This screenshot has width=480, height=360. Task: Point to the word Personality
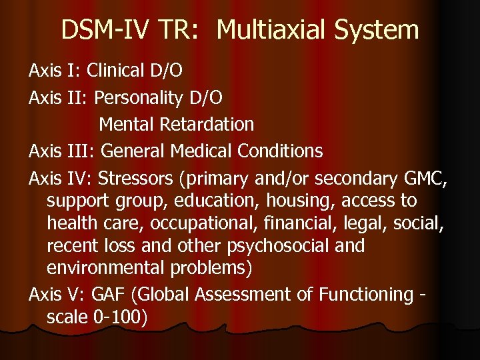click(138, 98)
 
